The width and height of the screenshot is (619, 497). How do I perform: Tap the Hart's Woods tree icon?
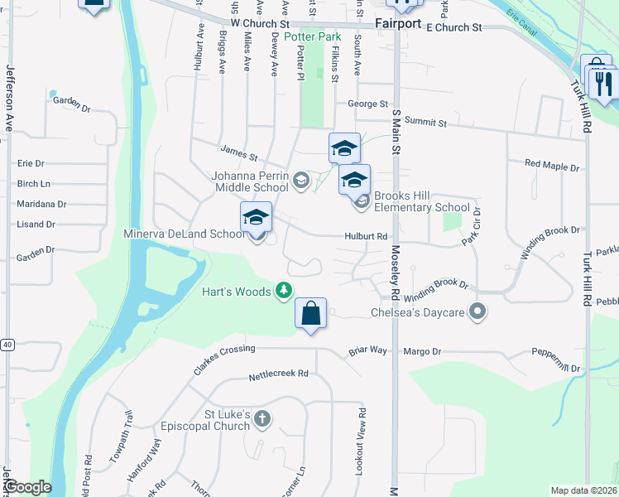tap(284, 290)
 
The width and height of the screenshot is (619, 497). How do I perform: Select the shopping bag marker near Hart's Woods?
tap(310, 314)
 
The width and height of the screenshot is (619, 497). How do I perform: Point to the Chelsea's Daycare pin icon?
tap(477, 312)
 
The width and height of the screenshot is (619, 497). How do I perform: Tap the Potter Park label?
tap(313, 37)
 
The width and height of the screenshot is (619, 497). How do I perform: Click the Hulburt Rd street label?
tap(367, 236)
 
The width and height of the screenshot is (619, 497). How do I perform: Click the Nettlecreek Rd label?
tap(278, 374)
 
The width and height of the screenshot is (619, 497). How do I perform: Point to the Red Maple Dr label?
tap(552, 166)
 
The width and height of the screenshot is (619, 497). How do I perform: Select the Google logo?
tap(27, 487)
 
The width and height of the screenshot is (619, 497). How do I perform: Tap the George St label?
tap(367, 104)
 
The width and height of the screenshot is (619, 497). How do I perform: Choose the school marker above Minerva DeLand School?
tap(257, 218)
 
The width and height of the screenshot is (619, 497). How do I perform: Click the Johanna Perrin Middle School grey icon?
tap(300, 180)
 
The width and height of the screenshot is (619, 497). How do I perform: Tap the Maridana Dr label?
tap(41, 204)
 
